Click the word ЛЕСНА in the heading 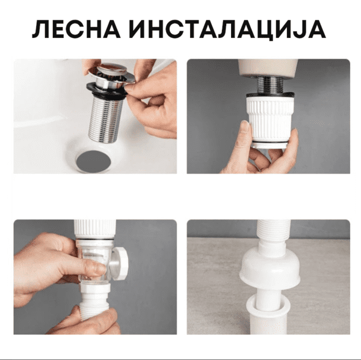[76, 29]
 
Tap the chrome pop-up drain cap [112, 73]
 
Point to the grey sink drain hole [93, 162]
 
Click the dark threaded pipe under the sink [270, 84]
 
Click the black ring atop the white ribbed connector [270, 94]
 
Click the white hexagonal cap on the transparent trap [121, 263]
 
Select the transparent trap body [94, 261]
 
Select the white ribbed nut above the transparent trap [95, 229]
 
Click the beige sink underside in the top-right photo [268, 68]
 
